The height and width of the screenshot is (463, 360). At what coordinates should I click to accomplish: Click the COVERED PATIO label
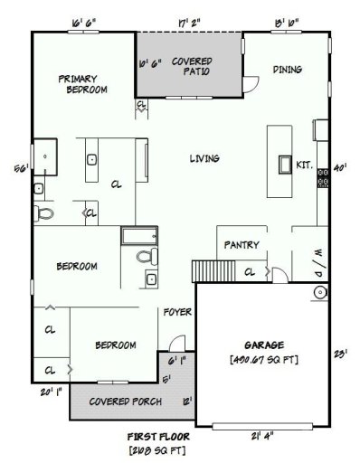tap(192, 66)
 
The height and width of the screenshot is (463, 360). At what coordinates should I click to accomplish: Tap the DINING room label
tap(287, 70)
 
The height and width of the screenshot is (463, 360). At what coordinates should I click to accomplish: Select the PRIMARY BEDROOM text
tap(83, 84)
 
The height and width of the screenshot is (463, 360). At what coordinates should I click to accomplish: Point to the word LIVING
tap(204, 159)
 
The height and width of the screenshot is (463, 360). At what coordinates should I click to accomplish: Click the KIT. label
tap(305, 165)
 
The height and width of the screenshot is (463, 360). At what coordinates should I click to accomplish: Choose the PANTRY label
tap(242, 244)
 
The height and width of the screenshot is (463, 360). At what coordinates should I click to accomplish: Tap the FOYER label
tap(176, 313)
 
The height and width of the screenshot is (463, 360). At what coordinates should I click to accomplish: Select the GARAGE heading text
tap(264, 345)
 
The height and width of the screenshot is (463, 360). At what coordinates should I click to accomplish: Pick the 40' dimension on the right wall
tap(340, 167)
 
